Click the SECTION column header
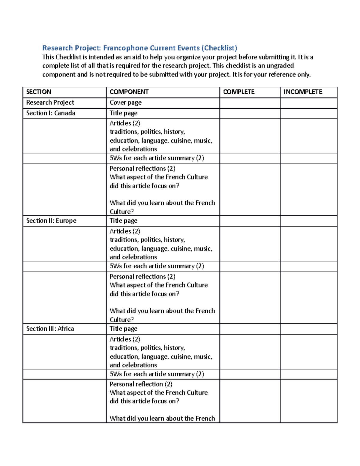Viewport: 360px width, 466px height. (39, 92)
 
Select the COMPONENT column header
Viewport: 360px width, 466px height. (129, 92)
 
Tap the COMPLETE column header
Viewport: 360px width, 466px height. (239, 92)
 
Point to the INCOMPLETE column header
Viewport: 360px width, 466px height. (303, 92)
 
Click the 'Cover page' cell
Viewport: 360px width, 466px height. (125, 103)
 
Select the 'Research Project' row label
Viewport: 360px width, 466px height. (50, 103)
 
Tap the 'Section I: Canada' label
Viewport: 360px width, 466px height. (51, 113)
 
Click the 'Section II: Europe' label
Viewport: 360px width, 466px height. (51, 221)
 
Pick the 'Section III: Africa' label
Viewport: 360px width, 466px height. (50, 329)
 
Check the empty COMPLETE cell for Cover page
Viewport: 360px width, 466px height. (250, 103)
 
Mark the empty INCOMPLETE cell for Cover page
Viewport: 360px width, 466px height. (309, 103)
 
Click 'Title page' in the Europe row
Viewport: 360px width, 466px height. (123, 221)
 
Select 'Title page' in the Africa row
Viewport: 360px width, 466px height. (123, 329)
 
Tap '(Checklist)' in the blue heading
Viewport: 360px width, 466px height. (219, 48)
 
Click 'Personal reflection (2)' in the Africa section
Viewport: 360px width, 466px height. (141, 384)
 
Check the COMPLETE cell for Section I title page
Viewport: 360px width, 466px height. (250, 113)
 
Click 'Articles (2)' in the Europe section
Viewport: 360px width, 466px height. (125, 231)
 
